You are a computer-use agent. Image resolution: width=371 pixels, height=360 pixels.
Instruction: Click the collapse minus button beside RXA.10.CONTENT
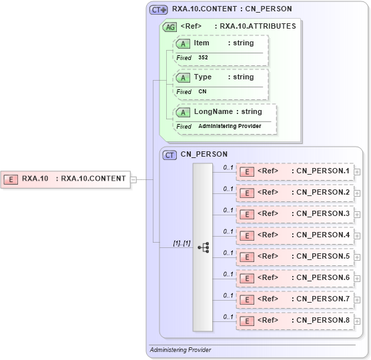click(133, 179)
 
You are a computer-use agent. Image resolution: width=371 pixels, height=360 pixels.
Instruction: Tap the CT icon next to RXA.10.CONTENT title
click(158, 10)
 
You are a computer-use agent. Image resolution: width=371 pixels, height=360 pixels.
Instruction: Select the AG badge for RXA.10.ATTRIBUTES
click(169, 27)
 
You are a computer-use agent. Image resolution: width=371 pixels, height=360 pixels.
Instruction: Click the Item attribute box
click(221, 43)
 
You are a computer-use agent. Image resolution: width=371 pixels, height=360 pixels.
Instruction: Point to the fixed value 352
click(203, 58)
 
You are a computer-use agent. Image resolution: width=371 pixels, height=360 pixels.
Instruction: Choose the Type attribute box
click(221, 77)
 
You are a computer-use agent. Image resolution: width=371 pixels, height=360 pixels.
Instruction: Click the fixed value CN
click(202, 92)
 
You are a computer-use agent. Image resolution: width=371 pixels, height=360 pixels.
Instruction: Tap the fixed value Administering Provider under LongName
click(228, 126)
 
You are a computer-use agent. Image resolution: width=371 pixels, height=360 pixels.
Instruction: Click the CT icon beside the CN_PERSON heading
click(170, 155)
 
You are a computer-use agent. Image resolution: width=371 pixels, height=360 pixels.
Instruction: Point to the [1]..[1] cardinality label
click(181, 243)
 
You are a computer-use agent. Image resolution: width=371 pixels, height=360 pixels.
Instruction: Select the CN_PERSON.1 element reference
click(294, 171)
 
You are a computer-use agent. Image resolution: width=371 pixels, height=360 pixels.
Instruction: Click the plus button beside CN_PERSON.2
click(358, 193)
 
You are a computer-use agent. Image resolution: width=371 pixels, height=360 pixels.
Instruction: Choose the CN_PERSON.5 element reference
click(294, 257)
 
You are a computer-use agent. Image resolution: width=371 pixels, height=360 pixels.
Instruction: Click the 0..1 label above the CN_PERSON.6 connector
click(228, 274)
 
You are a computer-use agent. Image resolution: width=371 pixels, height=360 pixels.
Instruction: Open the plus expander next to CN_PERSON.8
click(358, 321)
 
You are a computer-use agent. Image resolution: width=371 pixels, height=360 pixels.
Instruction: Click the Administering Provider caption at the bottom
click(180, 350)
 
